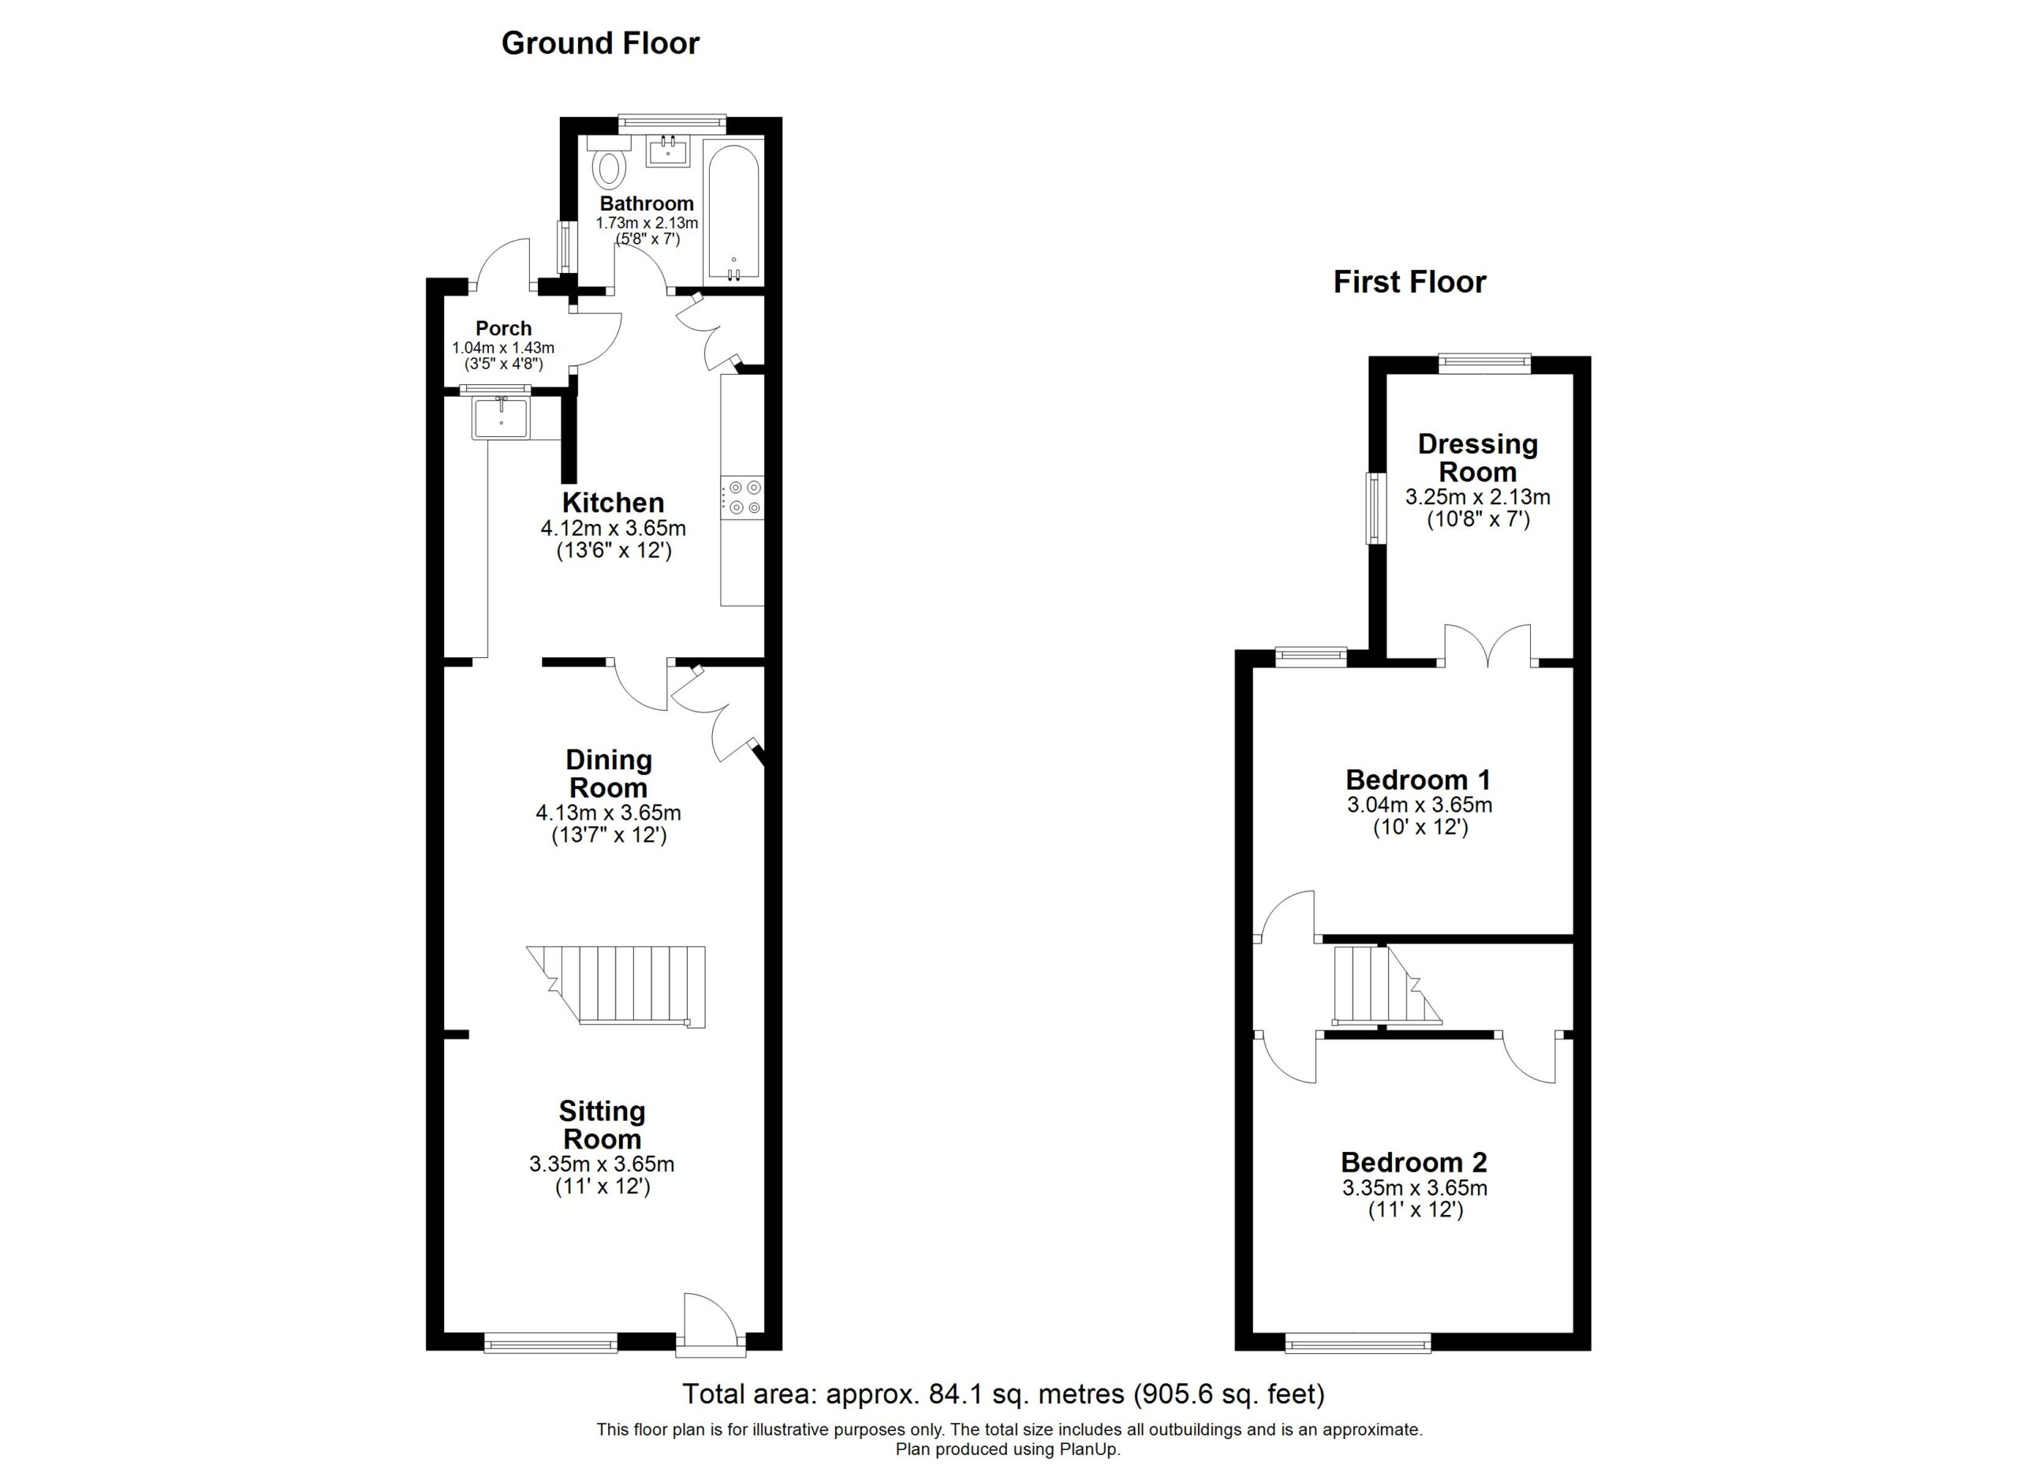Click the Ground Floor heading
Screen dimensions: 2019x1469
point(600,43)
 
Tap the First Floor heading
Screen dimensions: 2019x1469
point(1409,282)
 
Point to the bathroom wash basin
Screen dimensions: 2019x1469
point(668,152)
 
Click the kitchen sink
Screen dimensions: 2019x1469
point(501,417)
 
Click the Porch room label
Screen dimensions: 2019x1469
point(503,328)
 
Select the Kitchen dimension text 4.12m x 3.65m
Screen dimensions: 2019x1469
point(614,528)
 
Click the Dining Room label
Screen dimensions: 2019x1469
point(609,774)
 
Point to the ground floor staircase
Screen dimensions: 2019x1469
point(616,986)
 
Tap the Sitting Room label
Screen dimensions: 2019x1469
point(602,1124)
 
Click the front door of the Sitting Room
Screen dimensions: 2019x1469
point(711,1325)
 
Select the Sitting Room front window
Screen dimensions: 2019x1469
point(551,1343)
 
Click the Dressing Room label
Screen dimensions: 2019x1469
point(1478,458)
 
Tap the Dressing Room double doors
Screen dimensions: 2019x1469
point(1487,646)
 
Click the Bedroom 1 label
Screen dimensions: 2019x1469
point(1418,780)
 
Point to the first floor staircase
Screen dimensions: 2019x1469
point(1386,985)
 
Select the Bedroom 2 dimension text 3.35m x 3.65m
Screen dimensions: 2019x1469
point(1416,1187)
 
